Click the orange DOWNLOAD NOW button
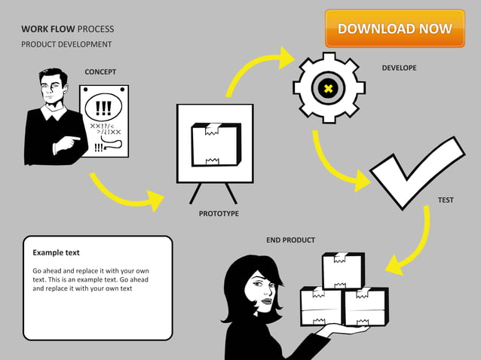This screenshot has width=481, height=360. pyautogui.click(x=395, y=29)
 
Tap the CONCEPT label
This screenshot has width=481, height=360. pyautogui.click(x=100, y=72)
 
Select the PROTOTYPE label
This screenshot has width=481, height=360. pyautogui.click(x=219, y=214)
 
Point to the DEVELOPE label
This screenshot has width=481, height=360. pyautogui.click(x=399, y=68)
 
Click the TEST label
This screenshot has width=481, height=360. pyautogui.click(x=446, y=200)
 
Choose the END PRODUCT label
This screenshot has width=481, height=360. pyautogui.click(x=290, y=240)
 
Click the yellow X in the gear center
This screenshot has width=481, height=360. pyautogui.click(x=328, y=89)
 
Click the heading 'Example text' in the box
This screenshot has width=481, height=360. pyautogui.click(x=56, y=252)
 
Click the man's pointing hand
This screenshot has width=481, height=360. pyautogui.click(x=72, y=141)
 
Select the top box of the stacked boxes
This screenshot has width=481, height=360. pyautogui.click(x=343, y=270)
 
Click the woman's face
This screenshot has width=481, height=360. pyautogui.click(x=265, y=291)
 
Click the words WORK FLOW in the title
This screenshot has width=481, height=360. pyautogui.click(x=47, y=29)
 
